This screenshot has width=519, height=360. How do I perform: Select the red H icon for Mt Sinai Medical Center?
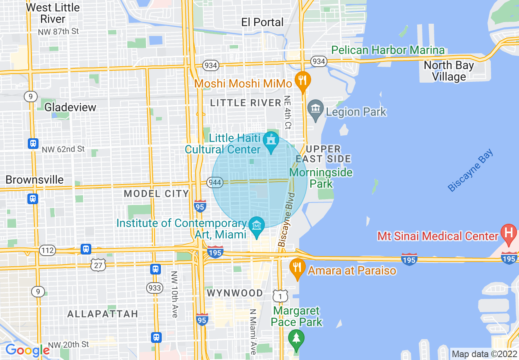[x=508, y=234]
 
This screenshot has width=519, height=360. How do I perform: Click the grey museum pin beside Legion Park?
[x=315, y=110]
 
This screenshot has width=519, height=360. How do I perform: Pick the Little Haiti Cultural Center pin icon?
[x=271, y=141]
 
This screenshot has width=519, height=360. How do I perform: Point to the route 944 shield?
[x=215, y=182]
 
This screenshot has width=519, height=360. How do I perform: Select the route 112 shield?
[x=47, y=250]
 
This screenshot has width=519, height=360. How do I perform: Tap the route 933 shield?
[x=155, y=288]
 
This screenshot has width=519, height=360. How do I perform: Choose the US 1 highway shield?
[x=281, y=295]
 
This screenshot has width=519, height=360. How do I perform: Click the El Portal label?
[x=262, y=22]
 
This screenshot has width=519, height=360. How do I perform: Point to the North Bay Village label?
[x=449, y=71]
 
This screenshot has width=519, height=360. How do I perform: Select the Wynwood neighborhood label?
[x=235, y=293]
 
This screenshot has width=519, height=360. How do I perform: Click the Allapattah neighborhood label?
[x=102, y=314]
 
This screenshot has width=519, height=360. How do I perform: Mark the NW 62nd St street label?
[x=63, y=149]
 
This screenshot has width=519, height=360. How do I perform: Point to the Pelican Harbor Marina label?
[x=388, y=50]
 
